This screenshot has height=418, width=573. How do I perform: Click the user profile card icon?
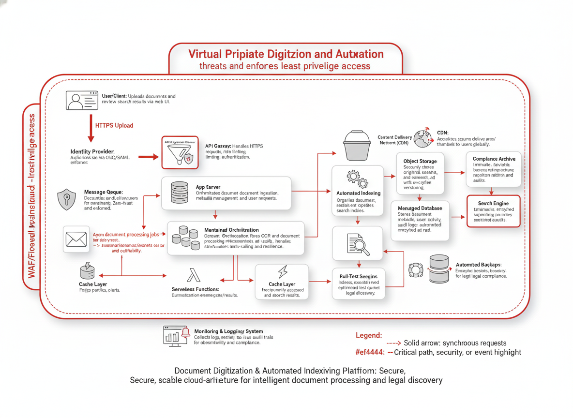81,100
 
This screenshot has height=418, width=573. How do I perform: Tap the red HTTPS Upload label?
114,125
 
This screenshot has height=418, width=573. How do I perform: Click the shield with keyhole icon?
66,199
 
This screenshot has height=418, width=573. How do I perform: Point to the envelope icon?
76,239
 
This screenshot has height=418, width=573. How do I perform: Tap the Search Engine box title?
493,204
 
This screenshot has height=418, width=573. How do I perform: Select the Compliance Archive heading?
494,159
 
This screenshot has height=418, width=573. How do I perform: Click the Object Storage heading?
420,161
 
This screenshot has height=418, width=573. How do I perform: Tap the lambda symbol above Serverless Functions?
193,276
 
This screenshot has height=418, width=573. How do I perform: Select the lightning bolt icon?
282,272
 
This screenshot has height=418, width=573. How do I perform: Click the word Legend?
369,335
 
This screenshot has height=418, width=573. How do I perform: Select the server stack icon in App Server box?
180,192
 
